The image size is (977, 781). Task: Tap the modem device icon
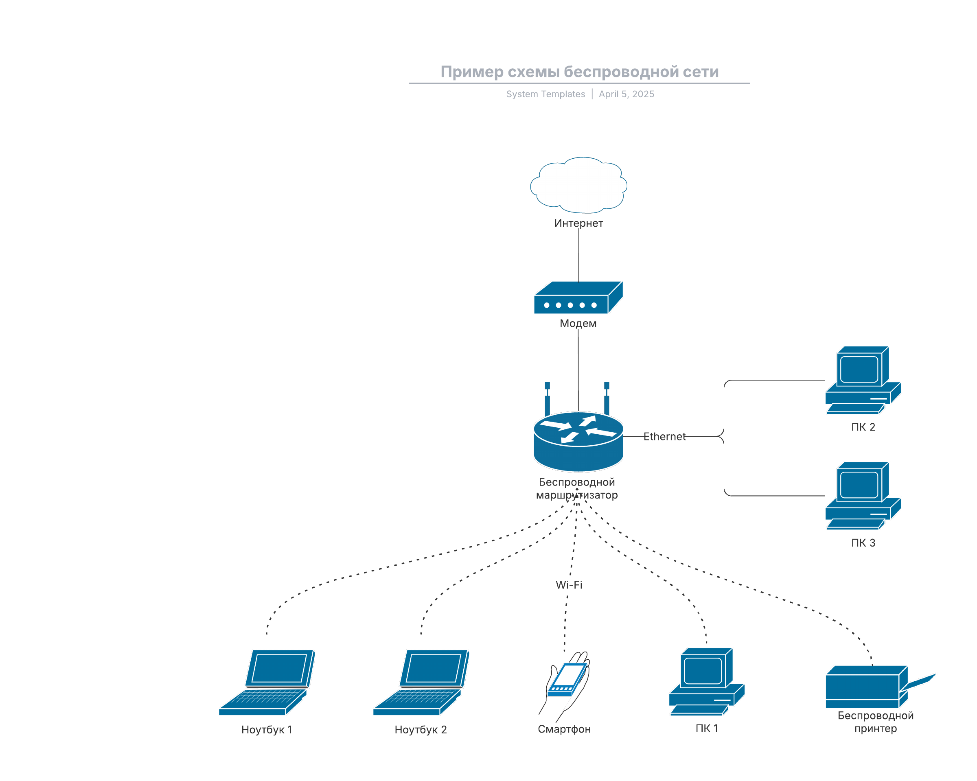(x=578, y=298)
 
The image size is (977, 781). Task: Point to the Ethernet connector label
(x=664, y=437)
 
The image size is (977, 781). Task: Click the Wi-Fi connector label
(x=569, y=585)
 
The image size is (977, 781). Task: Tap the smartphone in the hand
(x=566, y=680)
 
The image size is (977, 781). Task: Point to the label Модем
(x=578, y=324)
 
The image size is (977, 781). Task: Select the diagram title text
(x=580, y=72)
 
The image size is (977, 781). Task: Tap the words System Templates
(x=545, y=94)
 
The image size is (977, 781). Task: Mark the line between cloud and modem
(x=579, y=256)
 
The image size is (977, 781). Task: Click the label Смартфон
(x=564, y=729)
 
